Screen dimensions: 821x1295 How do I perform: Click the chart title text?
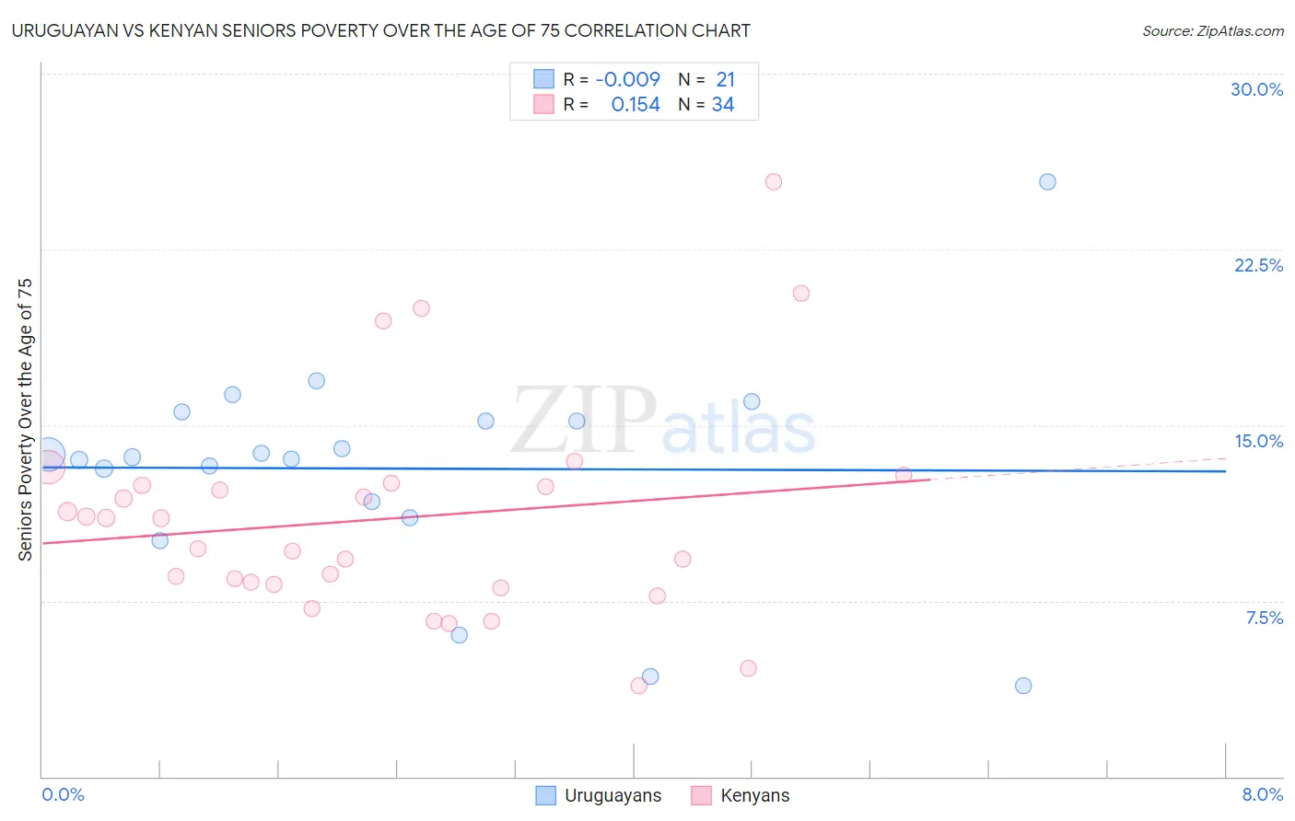point(381,31)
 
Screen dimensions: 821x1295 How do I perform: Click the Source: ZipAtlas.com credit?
point(1212,31)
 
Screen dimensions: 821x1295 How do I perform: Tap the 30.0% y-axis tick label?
point(1256,89)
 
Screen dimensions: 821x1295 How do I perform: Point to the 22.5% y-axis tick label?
point(1258,265)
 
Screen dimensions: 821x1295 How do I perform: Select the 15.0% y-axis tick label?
point(1258,441)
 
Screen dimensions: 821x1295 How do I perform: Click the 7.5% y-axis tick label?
point(1264,618)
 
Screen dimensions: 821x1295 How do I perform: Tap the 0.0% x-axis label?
point(63,794)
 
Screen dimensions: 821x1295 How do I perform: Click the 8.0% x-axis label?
point(1262,794)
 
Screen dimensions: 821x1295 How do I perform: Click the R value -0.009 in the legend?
point(627,80)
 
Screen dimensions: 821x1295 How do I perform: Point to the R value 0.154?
point(636,105)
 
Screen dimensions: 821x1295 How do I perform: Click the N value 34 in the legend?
point(723,105)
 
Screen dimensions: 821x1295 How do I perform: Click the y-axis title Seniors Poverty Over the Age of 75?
point(26,420)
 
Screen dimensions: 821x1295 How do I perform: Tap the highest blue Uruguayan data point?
point(1047,182)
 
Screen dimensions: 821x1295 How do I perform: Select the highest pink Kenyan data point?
point(774,182)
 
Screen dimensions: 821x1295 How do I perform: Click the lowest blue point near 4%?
point(1023,686)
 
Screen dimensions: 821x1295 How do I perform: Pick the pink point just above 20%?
point(801,294)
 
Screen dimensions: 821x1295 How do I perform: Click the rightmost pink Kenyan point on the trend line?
point(904,475)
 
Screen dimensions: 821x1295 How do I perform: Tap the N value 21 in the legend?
point(725,80)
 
